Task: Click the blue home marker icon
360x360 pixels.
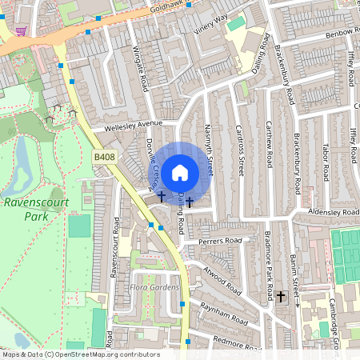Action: point(180,172)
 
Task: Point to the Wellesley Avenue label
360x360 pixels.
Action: point(128,126)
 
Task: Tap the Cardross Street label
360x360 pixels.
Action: point(240,152)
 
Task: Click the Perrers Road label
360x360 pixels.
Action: point(221,240)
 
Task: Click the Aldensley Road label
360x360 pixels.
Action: point(334,211)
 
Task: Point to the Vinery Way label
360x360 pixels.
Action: point(210,24)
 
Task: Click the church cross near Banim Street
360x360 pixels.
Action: point(281,297)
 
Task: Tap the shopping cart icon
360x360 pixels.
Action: point(21,31)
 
